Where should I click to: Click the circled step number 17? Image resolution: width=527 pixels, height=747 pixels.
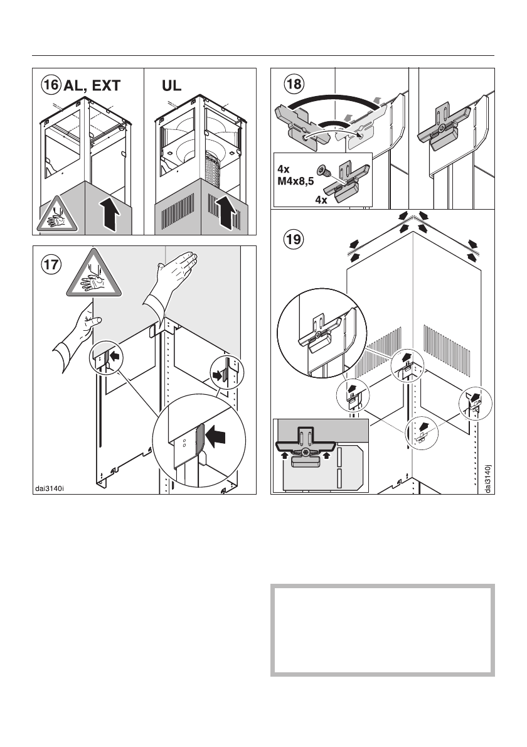pyautogui.click(x=51, y=264)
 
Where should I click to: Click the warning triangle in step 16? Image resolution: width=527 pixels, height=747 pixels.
pyautogui.click(x=56, y=217)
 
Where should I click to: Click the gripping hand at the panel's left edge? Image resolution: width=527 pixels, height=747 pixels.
pyautogui.click(x=78, y=330)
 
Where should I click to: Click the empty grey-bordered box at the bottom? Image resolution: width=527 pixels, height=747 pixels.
pyautogui.click(x=382, y=630)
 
